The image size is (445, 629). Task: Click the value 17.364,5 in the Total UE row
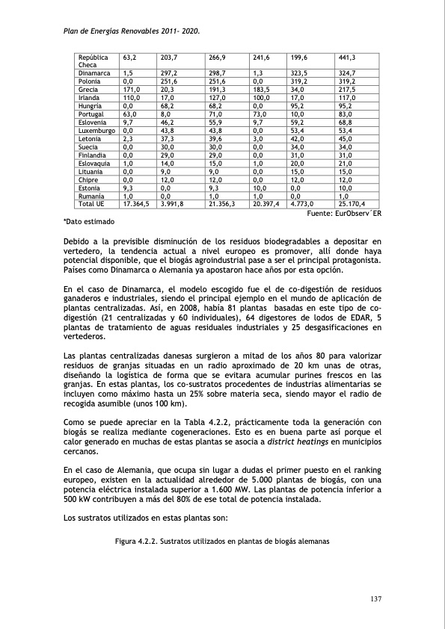pos(136,202)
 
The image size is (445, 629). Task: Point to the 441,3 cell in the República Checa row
pos(347,58)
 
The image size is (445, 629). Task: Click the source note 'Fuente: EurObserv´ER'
pos(345,214)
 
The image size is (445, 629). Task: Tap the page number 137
pos(376,597)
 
